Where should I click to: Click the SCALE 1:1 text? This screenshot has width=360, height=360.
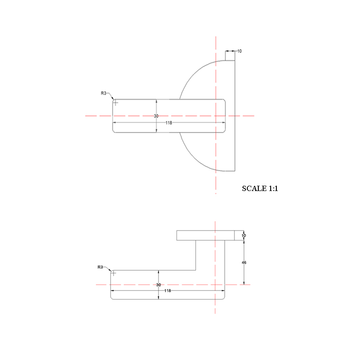260,188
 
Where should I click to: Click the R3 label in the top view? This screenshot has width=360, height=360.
104,93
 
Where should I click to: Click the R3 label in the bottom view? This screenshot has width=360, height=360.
100,267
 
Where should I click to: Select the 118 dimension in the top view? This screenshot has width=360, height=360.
169,123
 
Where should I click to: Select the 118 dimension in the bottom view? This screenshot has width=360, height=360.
167,291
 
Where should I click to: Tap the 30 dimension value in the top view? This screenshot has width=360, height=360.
156,116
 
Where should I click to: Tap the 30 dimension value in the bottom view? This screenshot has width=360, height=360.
158,285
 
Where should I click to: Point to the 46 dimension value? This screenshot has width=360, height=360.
244,262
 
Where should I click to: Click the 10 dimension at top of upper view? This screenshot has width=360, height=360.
239,51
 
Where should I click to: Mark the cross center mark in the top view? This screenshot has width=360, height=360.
116,103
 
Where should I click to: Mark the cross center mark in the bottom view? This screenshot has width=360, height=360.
113,273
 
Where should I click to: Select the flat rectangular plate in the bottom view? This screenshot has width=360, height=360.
207,235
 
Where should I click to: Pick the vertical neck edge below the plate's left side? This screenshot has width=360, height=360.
195,255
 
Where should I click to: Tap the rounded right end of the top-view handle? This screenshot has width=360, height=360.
226,115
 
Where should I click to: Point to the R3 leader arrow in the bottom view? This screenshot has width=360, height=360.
110,270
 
